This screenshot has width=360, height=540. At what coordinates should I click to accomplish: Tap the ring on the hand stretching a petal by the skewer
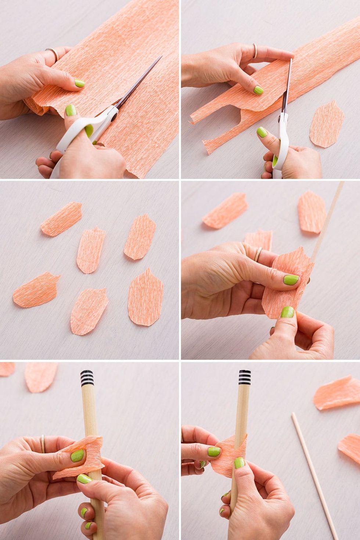[259, 254]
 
